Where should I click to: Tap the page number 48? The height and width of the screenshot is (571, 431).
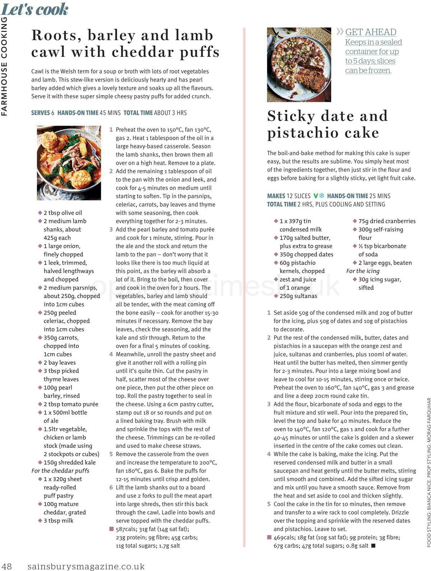coord(7,566)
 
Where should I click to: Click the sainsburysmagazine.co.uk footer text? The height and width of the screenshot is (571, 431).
coord(86,566)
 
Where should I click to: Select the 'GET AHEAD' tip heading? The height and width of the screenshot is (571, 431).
coord(371,32)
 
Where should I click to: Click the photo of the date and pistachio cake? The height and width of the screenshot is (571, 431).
coord(299,65)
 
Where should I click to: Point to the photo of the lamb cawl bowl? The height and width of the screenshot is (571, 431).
coord(69,163)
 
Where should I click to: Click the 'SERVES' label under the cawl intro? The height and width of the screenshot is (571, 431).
coord(40,113)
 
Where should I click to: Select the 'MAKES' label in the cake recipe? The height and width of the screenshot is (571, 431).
coord(276,196)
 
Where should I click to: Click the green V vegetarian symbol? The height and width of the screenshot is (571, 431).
coord(316,196)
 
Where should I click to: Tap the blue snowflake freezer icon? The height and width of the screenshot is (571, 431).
coord(322,196)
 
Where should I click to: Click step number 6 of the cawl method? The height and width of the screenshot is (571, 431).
coord(111,487)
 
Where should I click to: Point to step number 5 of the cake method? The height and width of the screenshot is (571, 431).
coord(269,504)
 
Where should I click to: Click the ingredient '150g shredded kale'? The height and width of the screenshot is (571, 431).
coord(70,463)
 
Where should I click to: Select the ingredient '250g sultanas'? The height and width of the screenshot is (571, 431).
coord(298,296)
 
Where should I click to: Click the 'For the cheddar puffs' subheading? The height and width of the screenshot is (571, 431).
coord(60,471)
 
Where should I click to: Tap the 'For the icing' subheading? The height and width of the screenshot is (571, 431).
coord(363,271)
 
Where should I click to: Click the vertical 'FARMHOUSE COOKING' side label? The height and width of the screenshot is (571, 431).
coord(4,66)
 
